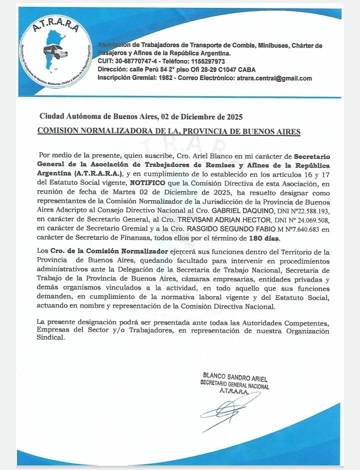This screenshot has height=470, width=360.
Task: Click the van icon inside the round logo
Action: [55, 51]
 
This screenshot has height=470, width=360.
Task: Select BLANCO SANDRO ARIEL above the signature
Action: [234, 375]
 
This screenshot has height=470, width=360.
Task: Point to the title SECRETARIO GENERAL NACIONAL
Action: [234, 383]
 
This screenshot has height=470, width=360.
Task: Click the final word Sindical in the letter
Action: [51, 338]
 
